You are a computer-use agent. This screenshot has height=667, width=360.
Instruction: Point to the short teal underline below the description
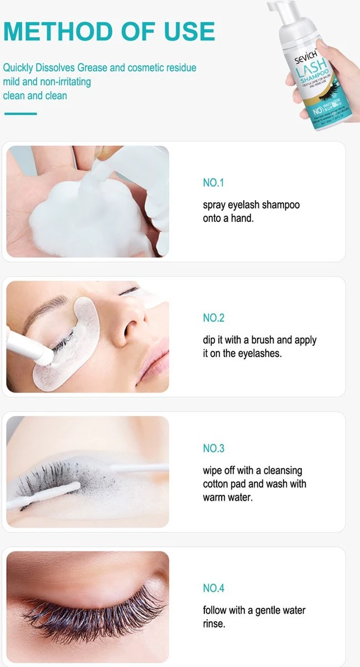click(21, 113)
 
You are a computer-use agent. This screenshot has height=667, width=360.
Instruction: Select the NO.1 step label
click(213, 183)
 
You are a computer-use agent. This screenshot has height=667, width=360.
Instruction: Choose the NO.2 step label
click(214, 318)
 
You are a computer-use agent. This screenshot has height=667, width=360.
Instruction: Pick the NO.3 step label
click(214, 448)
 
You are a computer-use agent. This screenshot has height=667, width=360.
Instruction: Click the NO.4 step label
click(214, 588)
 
